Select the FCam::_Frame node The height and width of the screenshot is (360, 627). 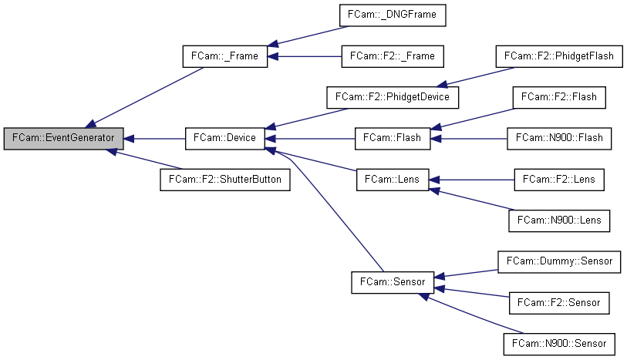pyautogui.click(x=225, y=56)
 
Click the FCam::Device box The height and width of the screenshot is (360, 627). pyautogui.click(x=225, y=139)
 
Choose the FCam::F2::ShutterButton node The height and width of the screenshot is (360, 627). pyautogui.click(x=225, y=180)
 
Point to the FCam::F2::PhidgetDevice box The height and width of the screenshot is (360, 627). pyautogui.click(x=393, y=98)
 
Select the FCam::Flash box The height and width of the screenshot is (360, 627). pyautogui.click(x=393, y=139)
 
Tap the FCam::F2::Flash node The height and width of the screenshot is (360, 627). pyautogui.click(x=559, y=98)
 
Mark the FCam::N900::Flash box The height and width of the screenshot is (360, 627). pyautogui.click(x=559, y=139)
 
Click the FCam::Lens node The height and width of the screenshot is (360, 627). pyautogui.click(x=393, y=180)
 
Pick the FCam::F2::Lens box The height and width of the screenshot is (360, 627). pyautogui.click(x=559, y=180)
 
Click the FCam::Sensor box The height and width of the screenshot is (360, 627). pyautogui.click(x=393, y=282)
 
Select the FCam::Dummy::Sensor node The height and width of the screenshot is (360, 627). pyautogui.click(x=559, y=261)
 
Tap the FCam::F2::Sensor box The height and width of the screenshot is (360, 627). pyautogui.click(x=559, y=303)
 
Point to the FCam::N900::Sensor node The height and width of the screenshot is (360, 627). pyautogui.click(x=559, y=344)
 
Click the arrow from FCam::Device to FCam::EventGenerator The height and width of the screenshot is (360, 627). pyautogui.click(x=154, y=139)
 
